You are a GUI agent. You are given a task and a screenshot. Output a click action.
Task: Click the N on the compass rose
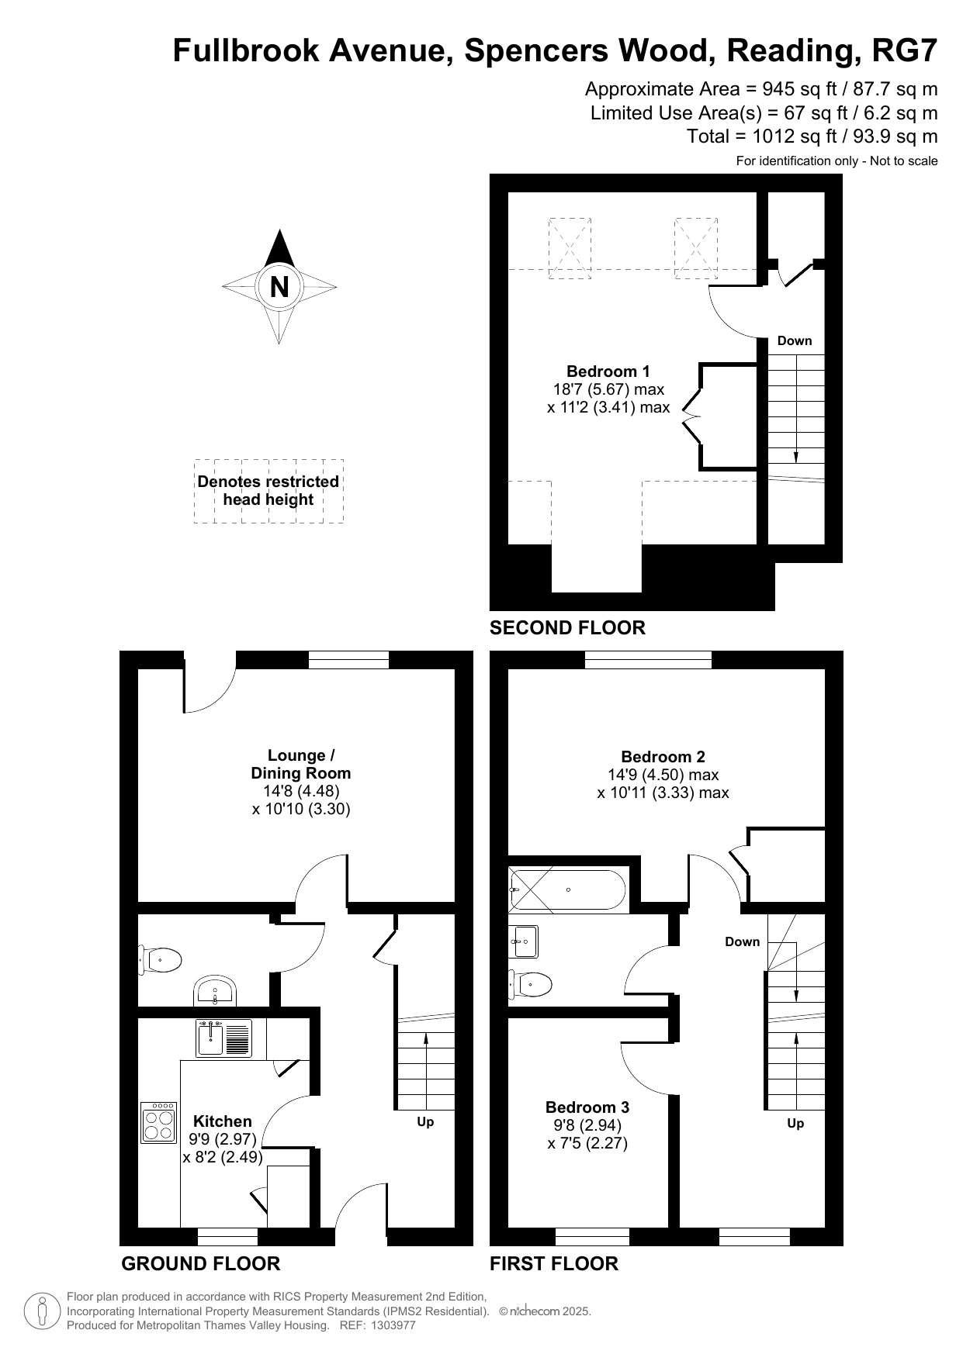point(279,287)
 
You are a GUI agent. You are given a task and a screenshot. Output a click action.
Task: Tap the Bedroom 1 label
point(608,371)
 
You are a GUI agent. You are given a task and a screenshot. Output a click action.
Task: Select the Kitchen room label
point(223,1121)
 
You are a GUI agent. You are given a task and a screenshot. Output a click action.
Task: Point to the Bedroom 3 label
point(587,1107)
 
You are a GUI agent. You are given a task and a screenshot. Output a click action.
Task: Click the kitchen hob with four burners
point(159,1122)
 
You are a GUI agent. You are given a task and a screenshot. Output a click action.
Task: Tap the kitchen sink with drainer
point(223,1038)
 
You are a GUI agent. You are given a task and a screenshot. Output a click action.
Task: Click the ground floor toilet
point(160,960)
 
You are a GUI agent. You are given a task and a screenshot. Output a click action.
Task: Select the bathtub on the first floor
point(567,889)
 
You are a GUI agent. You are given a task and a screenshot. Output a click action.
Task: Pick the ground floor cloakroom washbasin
point(215,990)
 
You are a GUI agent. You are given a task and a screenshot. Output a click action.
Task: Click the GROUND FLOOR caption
point(200,1263)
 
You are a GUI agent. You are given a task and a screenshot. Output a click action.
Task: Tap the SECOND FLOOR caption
point(567,627)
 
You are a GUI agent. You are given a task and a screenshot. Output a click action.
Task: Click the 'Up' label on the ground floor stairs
point(425,1122)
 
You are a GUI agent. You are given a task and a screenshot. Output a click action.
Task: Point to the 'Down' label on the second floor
point(795,340)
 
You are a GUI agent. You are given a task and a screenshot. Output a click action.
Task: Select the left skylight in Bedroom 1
point(570,248)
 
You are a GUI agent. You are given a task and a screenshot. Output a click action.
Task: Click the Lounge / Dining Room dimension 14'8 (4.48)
point(301,791)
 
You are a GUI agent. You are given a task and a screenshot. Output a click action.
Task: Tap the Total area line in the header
point(812,136)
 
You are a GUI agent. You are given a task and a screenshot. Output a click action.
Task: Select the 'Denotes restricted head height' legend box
point(268,491)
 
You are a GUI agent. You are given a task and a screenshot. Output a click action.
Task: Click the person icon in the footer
point(43,1311)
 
